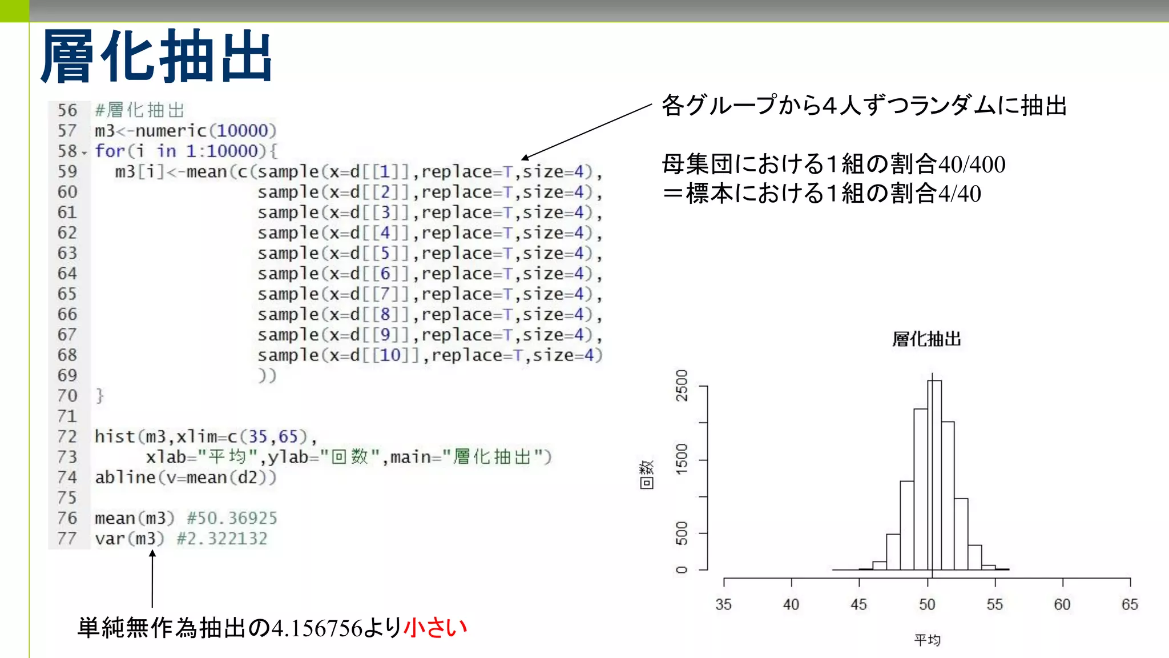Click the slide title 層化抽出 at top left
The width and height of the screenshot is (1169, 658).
[156, 56]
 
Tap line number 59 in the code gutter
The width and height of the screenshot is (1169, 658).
[67, 171]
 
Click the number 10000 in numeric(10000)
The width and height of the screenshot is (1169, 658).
[242, 131]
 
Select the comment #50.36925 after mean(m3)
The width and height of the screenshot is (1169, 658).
[232, 518]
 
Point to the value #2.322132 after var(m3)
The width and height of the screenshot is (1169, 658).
[222, 539]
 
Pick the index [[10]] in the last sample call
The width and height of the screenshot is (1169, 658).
[390, 355]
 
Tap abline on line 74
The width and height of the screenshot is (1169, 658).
[125, 478]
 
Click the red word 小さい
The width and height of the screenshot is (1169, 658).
[436, 628]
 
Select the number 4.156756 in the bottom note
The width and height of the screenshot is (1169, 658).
[317, 628]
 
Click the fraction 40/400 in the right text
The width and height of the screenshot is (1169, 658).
[972, 164]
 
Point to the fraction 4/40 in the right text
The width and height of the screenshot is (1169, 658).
[960, 194]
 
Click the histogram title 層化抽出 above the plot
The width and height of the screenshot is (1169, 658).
[926, 339]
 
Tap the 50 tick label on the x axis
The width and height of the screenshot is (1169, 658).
[927, 604]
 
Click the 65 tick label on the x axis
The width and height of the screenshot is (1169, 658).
[1130, 604]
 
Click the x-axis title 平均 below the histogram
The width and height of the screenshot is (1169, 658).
[927, 640]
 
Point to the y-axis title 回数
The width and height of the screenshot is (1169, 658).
[646, 474]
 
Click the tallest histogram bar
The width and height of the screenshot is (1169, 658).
[934, 474]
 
